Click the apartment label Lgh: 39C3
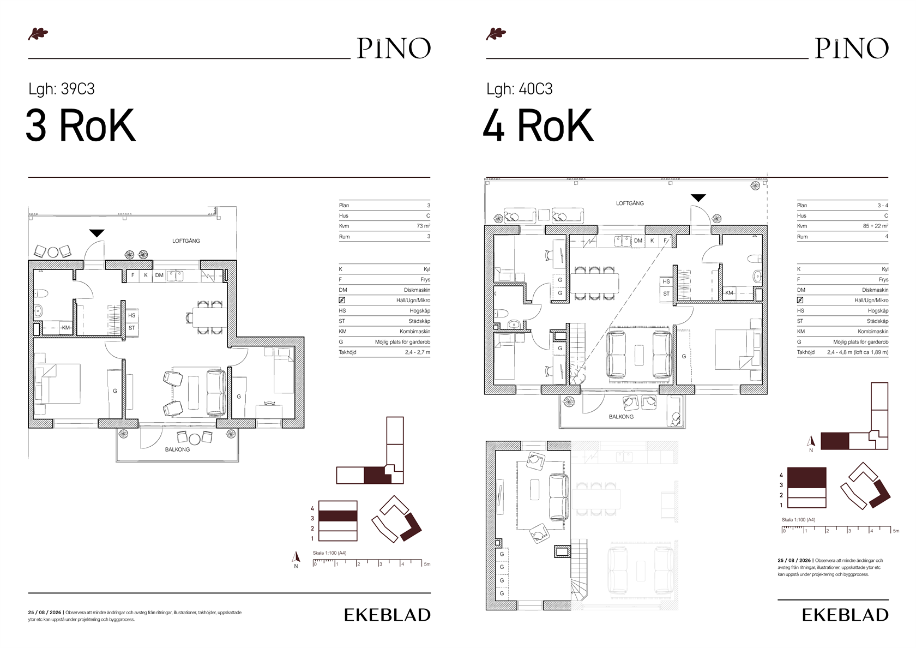(61, 89)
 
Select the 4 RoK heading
(538, 125)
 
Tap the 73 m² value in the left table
(423, 226)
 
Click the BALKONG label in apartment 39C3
(178, 449)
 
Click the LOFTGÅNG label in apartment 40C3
(630, 203)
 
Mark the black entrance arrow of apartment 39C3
(97, 233)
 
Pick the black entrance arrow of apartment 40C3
(698, 198)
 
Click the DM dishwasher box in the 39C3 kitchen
(159, 275)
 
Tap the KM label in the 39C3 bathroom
(65, 327)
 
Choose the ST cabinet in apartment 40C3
(666, 293)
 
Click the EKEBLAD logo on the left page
(387, 615)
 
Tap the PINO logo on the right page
(852, 48)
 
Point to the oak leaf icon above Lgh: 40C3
(496, 34)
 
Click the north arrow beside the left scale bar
(296, 557)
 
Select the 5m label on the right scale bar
(896, 531)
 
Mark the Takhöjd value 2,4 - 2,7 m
(418, 352)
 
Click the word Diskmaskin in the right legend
(875, 290)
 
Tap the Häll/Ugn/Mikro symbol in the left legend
(342, 300)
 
